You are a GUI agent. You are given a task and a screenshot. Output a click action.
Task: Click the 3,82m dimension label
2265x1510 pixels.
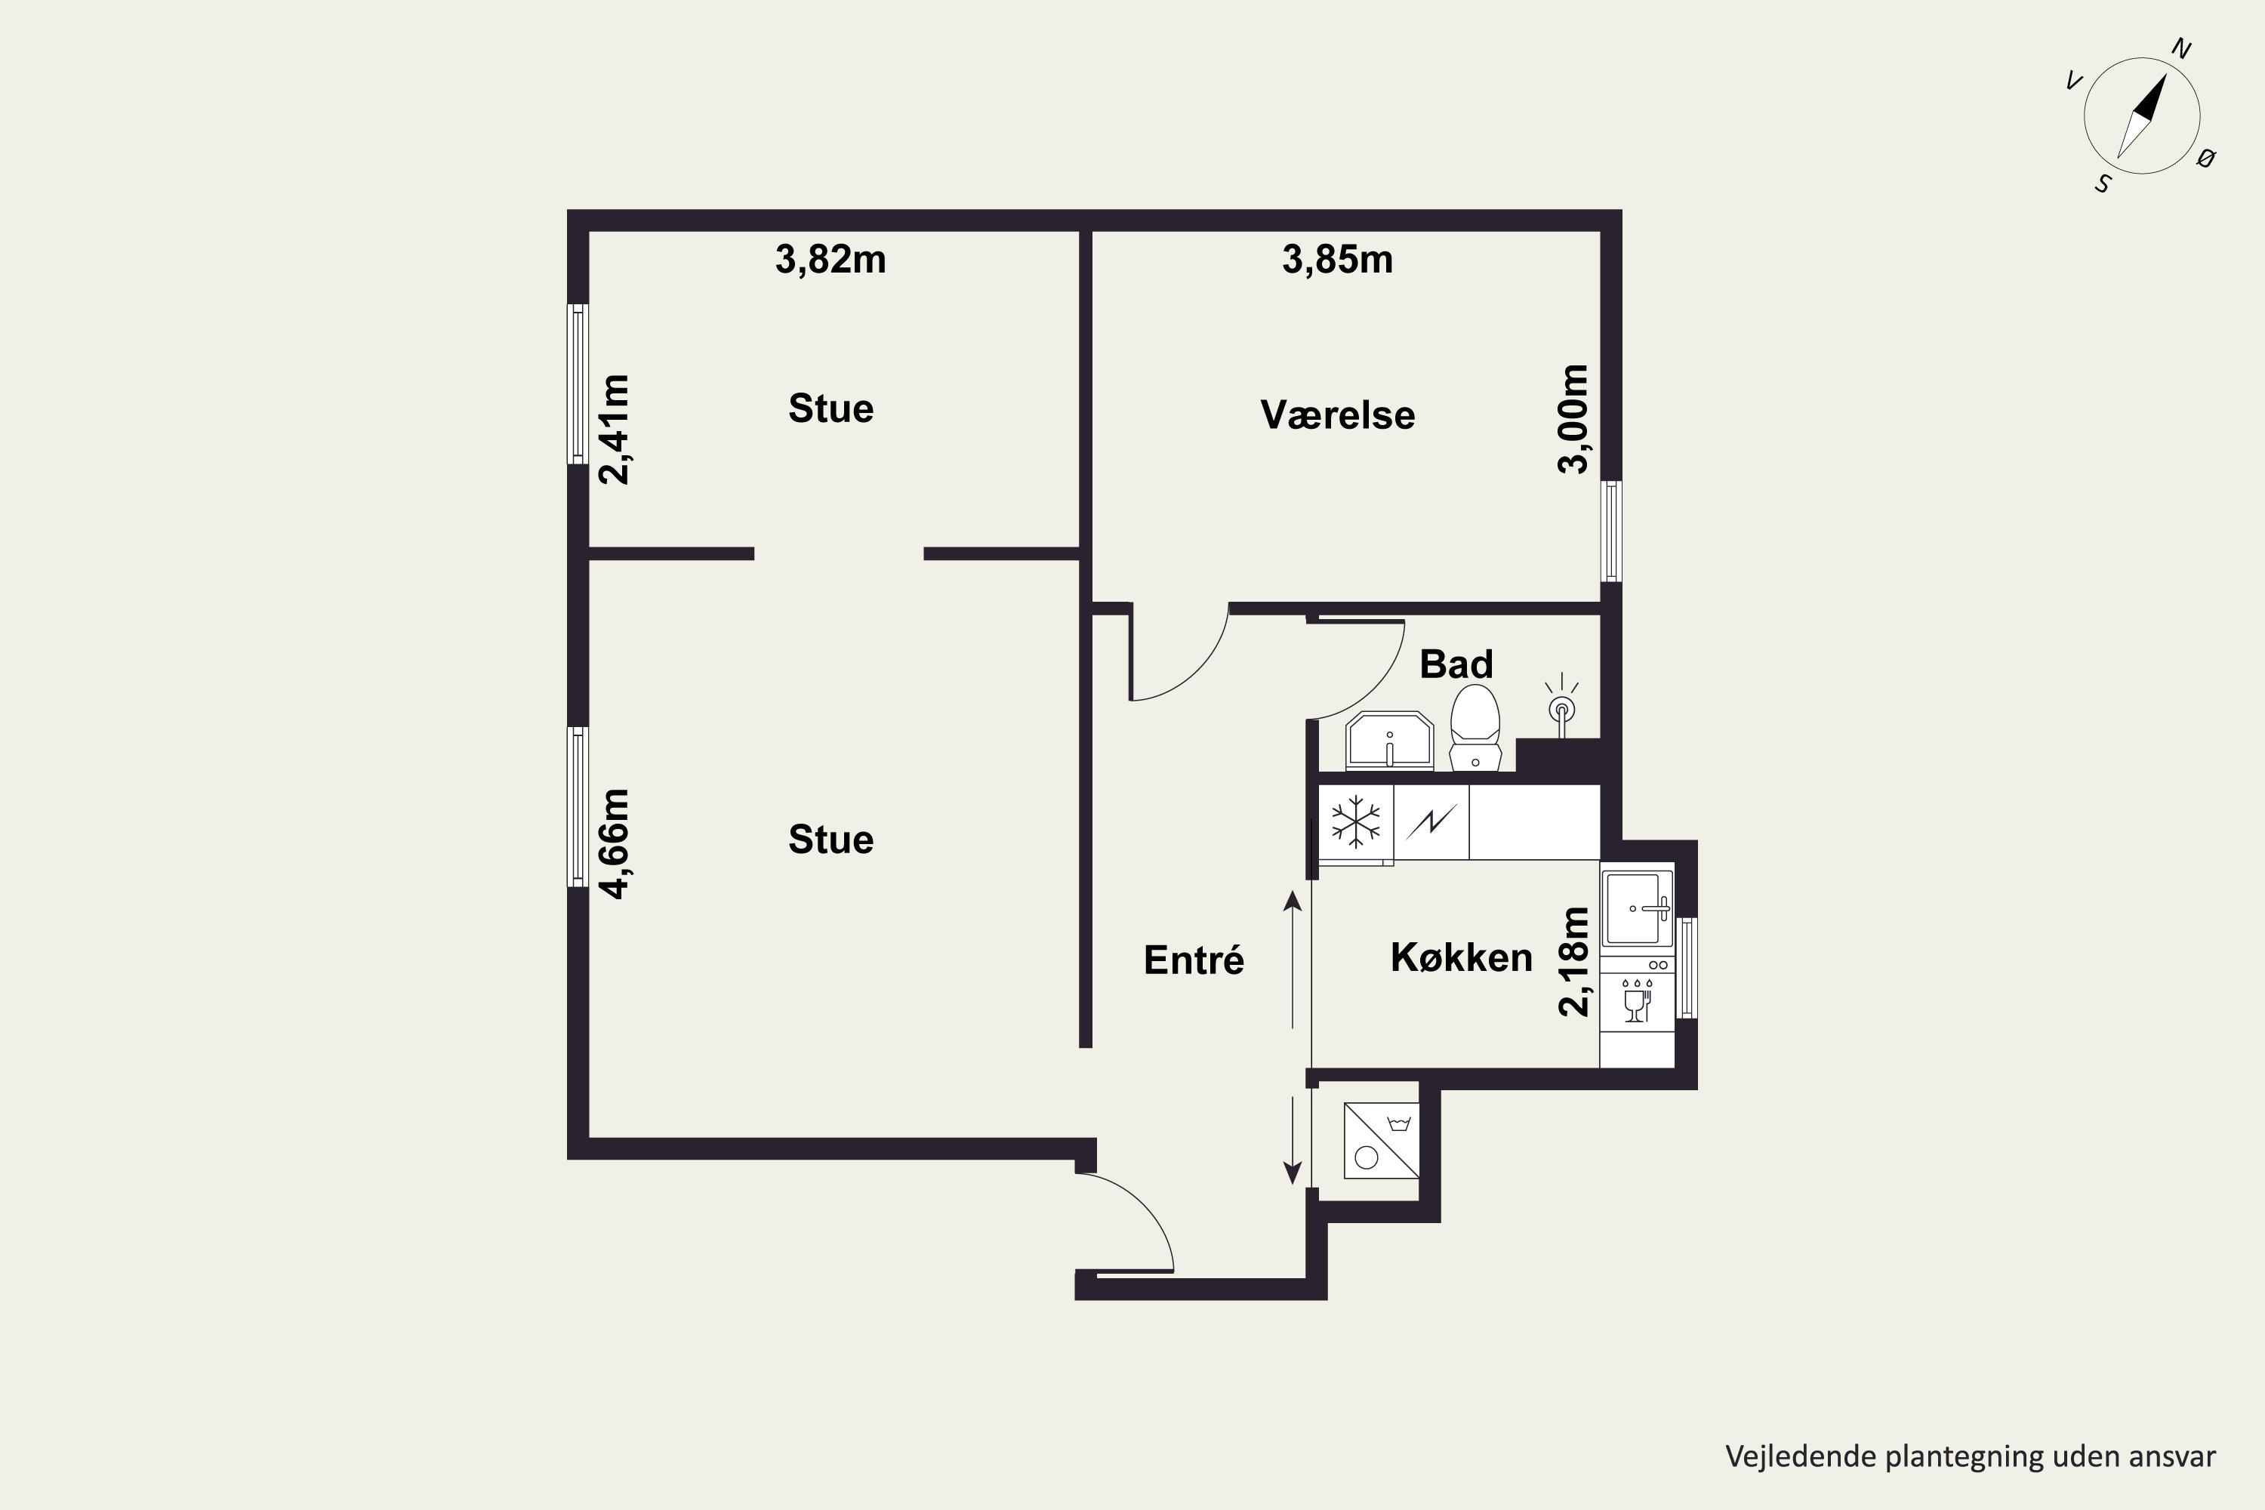(830, 260)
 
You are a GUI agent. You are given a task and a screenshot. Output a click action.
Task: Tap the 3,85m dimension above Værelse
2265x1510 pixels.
(1338, 260)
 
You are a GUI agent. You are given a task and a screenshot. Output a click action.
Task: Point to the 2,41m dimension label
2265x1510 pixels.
(615, 430)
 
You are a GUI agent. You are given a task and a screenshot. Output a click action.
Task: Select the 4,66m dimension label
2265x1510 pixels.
(615, 843)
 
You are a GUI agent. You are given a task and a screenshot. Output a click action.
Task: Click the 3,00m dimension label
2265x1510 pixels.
(1573, 419)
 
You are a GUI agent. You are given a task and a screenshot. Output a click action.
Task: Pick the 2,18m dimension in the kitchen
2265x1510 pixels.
(1573, 961)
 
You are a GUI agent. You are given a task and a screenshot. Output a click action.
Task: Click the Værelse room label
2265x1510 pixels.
(1338, 415)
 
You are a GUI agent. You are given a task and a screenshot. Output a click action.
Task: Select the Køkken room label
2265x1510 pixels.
(1461, 957)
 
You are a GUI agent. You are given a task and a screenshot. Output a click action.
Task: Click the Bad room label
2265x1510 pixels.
(1456, 664)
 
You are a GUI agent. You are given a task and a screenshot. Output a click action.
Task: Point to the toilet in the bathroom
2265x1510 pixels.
(1475, 728)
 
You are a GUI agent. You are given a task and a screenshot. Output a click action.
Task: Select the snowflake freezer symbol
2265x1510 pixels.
(1355, 822)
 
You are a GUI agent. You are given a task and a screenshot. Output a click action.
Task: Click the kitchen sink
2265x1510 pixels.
(1636, 908)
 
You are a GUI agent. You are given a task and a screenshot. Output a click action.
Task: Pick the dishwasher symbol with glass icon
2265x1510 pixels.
(1636, 1000)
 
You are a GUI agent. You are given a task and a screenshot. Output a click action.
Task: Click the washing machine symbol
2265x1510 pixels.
(1381, 1140)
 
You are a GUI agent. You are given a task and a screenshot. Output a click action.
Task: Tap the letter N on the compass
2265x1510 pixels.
(2181, 49)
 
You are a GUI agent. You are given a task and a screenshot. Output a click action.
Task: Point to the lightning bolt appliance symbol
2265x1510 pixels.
(1431, 821)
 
